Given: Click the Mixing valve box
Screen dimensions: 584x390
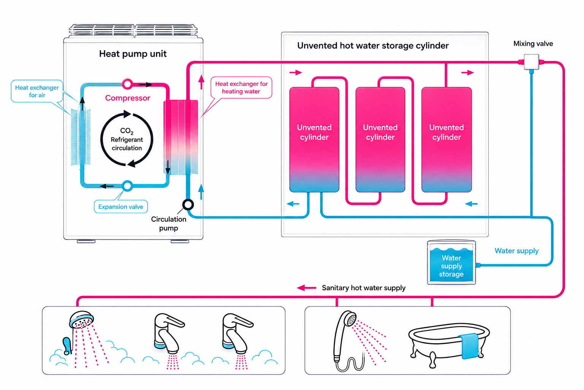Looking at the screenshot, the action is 531,62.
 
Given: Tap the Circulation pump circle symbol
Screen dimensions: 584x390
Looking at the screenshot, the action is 188,205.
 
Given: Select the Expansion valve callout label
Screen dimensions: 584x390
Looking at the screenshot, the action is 121,207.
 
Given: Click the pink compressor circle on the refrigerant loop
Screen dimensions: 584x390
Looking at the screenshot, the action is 127,84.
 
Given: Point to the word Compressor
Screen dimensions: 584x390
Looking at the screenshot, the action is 127,98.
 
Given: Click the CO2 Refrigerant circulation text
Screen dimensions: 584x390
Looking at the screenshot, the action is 127,139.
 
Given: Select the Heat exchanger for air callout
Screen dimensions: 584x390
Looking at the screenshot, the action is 37,91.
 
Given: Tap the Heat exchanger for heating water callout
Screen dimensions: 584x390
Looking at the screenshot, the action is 241,88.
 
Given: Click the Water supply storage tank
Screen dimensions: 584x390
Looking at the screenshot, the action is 451,262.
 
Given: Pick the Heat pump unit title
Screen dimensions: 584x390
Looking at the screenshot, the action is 133,54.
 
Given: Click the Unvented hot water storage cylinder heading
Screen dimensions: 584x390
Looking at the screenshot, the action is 373,46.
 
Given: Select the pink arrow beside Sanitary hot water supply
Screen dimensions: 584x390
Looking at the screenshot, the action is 306,288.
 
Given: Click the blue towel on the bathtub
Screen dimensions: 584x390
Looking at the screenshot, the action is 470,345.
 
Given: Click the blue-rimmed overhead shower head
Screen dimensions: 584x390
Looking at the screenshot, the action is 81,319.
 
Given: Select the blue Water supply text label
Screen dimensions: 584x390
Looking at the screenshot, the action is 516,251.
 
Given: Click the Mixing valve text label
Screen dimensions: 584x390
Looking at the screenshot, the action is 533,44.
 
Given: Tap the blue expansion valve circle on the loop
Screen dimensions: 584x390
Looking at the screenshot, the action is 127,186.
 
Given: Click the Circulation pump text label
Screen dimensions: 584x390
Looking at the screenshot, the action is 168,224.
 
